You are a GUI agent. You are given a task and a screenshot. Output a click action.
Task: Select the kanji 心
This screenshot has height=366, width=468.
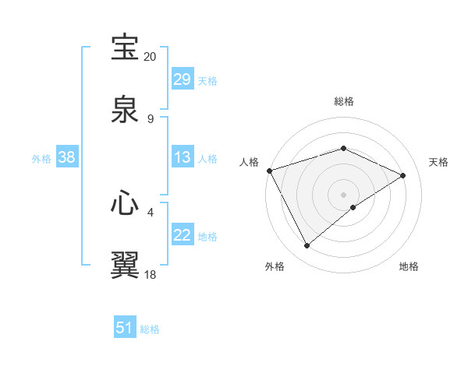coord(126,203)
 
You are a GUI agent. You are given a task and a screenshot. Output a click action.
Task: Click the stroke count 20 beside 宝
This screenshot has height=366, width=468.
coord(151,57)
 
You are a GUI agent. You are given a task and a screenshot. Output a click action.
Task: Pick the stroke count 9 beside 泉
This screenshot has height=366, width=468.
coord(151,118)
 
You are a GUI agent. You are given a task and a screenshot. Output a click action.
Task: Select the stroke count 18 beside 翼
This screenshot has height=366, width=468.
coord(151,274)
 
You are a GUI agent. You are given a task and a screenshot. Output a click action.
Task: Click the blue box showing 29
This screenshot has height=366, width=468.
coord(182,79)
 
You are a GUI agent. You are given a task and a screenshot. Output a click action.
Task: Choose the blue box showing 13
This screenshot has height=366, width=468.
coord(182,157)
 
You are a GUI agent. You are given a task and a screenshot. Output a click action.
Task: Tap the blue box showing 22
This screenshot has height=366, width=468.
coord(182,235)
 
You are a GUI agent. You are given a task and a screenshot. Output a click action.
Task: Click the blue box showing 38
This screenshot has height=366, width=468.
coord(67,157)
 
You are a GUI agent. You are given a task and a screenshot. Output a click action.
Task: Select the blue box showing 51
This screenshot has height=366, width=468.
coord(125,329)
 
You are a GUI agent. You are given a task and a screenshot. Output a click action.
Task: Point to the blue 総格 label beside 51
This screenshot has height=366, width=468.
coord(150,329)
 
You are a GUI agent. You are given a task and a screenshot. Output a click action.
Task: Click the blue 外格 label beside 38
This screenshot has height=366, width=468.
coord(41,158)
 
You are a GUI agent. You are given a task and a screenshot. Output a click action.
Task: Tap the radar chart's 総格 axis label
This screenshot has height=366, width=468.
coord(343,101)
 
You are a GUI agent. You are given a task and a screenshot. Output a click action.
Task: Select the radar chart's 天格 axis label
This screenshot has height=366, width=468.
coord(438,162)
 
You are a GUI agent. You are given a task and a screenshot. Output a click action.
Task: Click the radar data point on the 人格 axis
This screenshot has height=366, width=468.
coord(269,171)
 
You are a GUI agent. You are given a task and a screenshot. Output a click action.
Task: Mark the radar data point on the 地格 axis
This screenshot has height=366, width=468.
coord(353,207)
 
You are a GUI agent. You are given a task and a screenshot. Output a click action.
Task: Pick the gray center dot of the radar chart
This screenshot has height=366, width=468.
coord(343,194)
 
